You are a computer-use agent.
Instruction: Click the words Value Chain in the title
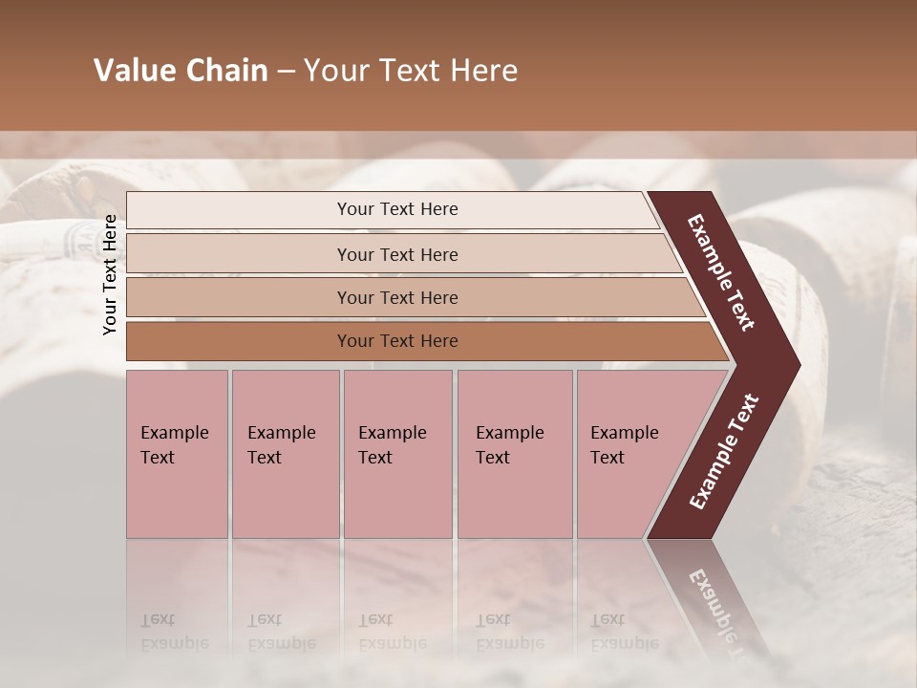181,71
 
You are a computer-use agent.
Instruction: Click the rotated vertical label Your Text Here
110,274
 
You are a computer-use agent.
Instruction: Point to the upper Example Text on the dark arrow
721,272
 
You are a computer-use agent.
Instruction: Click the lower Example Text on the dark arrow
723,452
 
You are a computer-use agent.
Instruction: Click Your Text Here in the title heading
411,71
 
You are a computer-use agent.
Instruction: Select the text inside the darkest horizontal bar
397,341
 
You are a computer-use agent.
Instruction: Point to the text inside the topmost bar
397,209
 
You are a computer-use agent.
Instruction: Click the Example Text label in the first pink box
174,444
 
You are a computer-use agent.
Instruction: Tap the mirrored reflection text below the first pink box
174,632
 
